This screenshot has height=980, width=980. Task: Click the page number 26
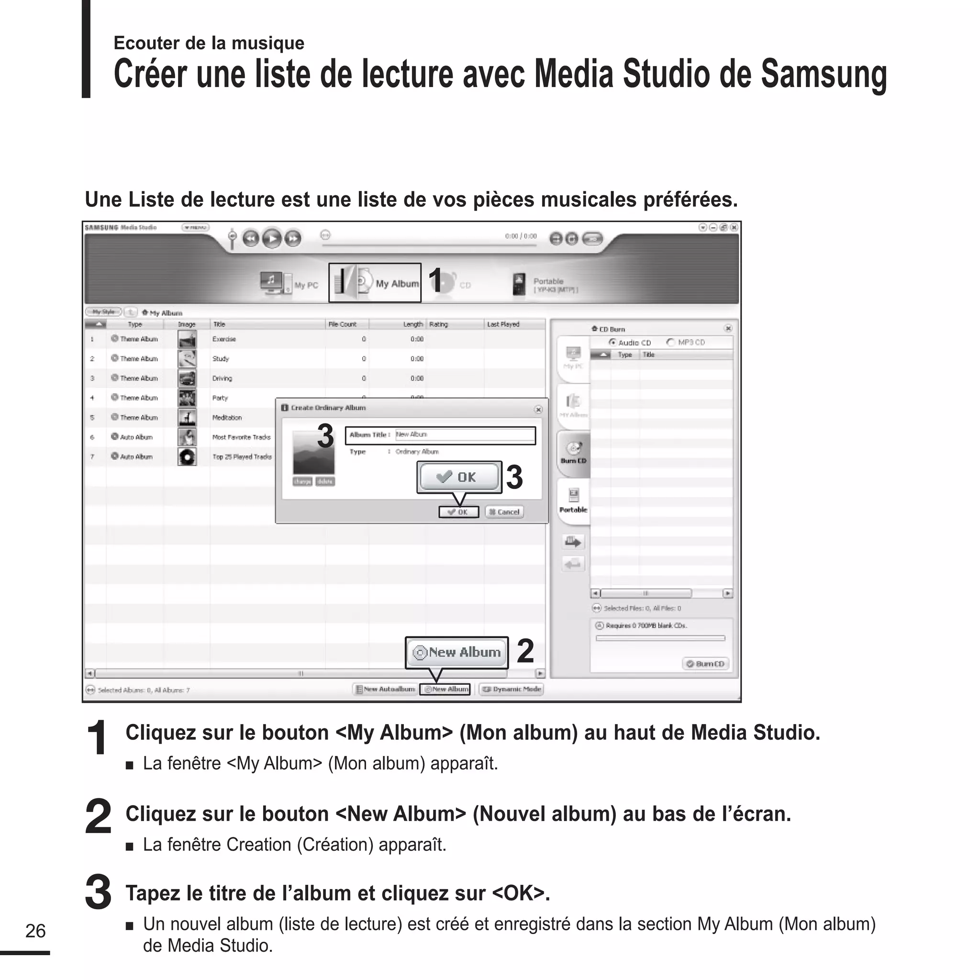(x=35, y=931)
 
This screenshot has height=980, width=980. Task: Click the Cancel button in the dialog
(x=504, y=512)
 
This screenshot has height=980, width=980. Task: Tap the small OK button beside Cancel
(x=458, y=512)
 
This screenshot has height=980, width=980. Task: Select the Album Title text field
(x=464, y=434)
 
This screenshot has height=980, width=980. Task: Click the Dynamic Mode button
(x=512, y=689)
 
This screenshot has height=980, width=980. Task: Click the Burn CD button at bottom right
(x=706, y=664)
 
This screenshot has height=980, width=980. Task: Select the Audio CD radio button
(x=613, y=343)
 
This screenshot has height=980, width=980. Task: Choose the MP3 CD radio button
(x=671, y=343)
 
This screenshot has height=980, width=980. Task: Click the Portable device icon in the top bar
(x=519, y=284)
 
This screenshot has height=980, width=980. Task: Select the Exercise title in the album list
(x=224, y=339)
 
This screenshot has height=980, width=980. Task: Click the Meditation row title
(x=227, y=417)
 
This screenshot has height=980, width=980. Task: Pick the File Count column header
(x=343, y=324)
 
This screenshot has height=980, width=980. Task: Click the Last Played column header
(x=503, y=324)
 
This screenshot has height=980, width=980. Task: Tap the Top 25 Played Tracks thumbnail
(x=187, y=457)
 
